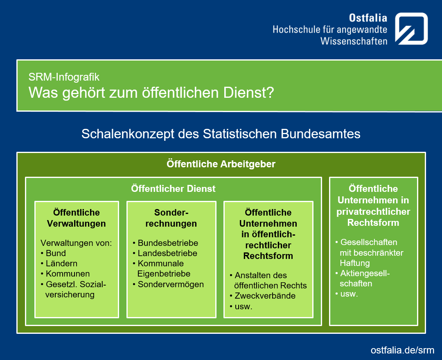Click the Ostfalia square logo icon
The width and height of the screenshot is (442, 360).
coord(411,29)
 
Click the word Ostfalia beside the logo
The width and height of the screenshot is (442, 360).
coord(368,18)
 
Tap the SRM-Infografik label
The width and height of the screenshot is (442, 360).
coord(64,77)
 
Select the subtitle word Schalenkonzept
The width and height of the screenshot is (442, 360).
coord(128,134)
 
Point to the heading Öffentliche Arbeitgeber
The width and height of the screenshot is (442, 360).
coord(221,164)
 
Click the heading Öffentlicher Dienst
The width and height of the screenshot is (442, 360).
coord(173,189)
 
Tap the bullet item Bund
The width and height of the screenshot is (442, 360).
coord(56,253)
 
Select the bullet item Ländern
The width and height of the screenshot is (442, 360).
coord(61,263)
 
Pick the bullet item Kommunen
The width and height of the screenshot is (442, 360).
coord(68,274)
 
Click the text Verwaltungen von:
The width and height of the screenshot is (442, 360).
coord(76,243)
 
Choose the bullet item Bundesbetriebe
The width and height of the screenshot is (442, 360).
coord(168,243)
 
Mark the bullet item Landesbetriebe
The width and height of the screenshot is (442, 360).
coord(167,253)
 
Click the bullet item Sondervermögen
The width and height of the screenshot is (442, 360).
coord(171,284)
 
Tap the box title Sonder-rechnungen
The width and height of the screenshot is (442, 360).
coord(171,218)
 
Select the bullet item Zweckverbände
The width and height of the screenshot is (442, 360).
coord(265,296)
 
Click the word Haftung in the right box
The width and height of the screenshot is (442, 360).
coord(354,263)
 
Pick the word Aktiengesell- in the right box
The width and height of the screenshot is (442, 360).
coord(365,273)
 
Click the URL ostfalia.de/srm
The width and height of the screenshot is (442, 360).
coord(402,350)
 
